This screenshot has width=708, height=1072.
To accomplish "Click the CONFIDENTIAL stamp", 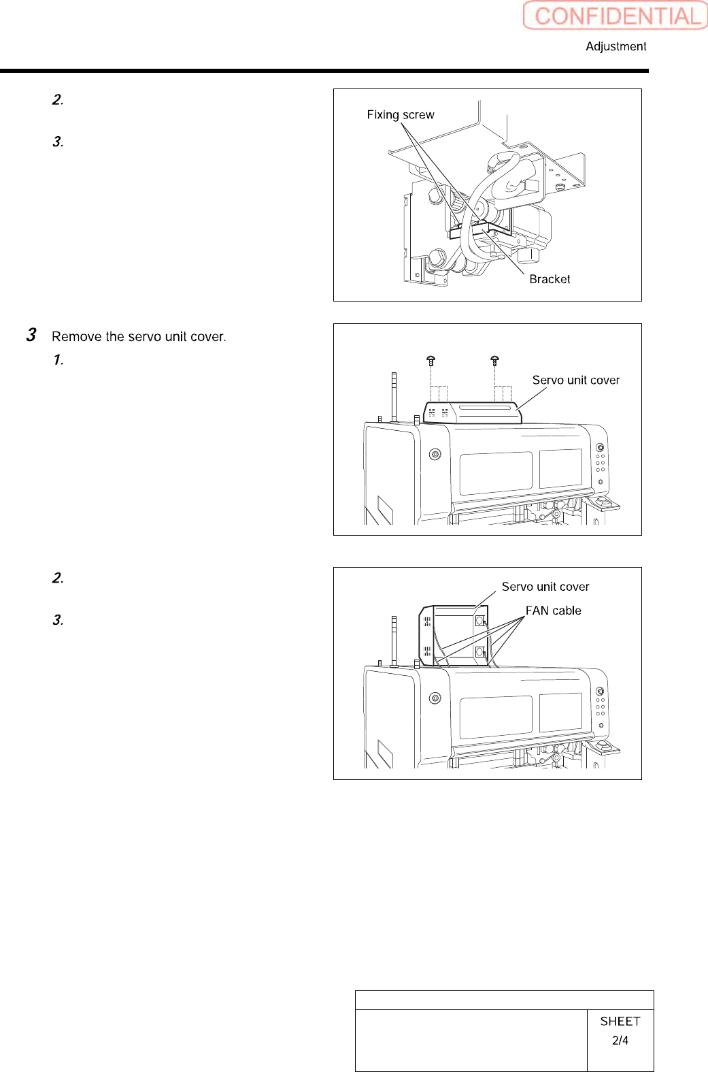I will [616, 16].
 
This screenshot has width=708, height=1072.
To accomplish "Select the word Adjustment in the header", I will [616, 46].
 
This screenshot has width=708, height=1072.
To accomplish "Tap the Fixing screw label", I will [400, 115].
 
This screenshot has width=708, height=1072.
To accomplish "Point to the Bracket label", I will [550, 279].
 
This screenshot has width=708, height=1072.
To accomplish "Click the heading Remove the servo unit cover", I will [139, 336].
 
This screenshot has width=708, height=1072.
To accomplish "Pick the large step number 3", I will [31, 335].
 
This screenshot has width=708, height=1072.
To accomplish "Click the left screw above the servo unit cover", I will [431, 360].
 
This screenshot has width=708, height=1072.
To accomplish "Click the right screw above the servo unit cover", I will [494, 360].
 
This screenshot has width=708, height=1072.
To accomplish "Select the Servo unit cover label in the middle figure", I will [575, 380].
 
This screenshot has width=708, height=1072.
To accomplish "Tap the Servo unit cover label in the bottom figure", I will [545, 587].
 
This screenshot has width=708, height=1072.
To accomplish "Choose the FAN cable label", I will [553, 611].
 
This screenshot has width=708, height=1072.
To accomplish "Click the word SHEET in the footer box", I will [620, 1021].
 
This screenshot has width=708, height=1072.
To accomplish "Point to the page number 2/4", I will [620, 1040].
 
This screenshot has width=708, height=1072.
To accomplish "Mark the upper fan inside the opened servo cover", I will [479, 621].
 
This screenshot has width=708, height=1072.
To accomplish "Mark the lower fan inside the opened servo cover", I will [479, 652].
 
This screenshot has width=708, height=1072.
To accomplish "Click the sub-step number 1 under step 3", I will [58, 359].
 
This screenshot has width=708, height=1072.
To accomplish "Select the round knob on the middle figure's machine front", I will [435, 454].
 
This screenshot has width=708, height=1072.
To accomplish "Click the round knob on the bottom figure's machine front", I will [435, 698].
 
